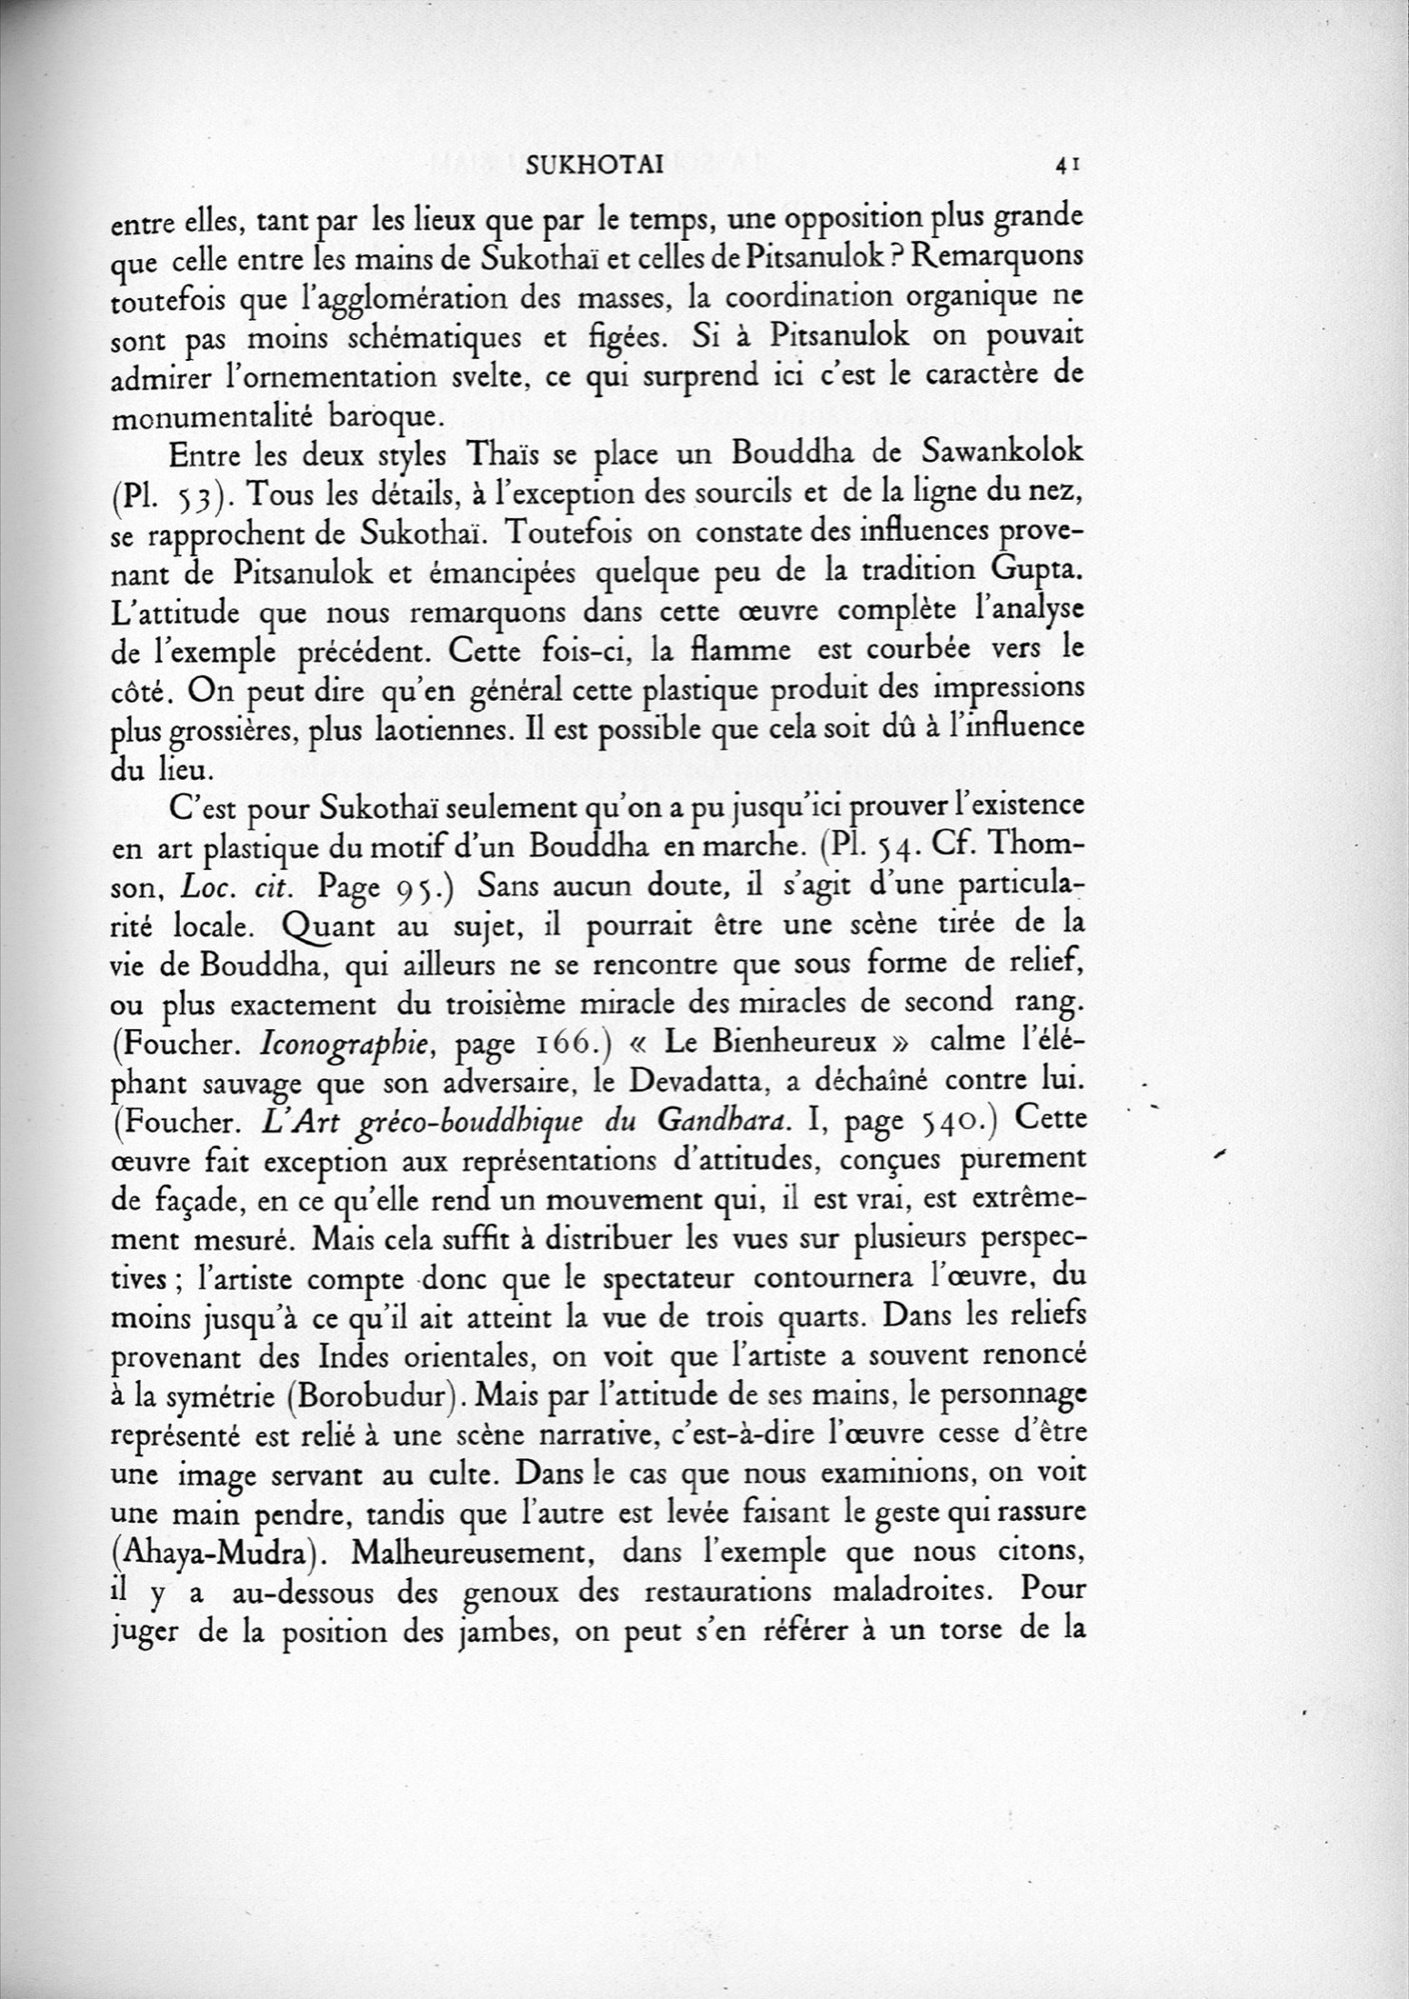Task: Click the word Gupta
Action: click(1033, 571)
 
